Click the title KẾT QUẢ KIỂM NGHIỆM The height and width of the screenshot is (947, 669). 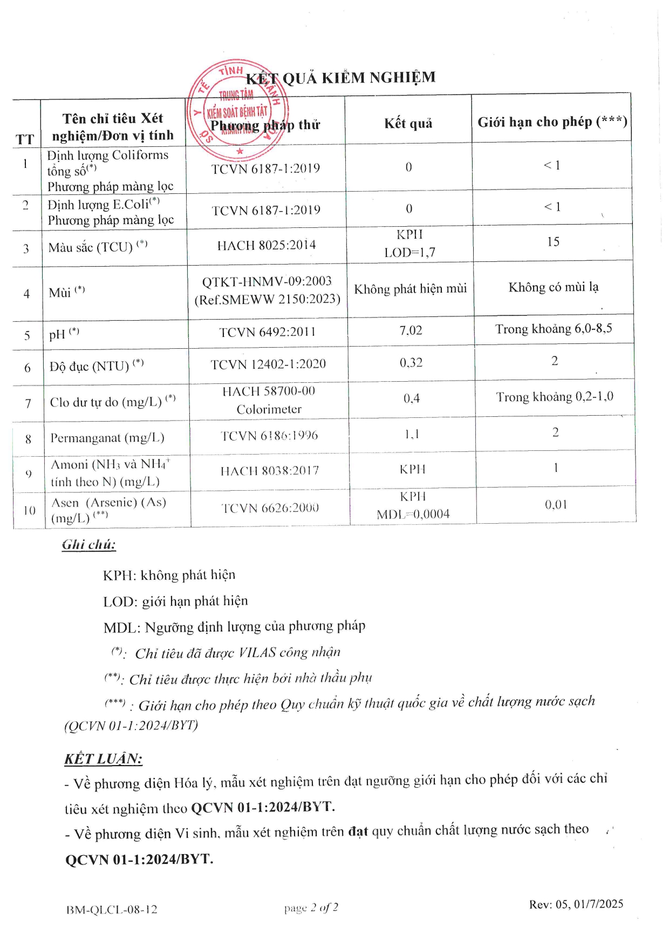pyautogui.click(x=341, y=78)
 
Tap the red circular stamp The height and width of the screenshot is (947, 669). pyautogui.click(x=237, y=110)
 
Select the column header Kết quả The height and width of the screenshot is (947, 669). pyautogui.click(x=408, y=124)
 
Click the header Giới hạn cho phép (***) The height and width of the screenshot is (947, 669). pyautogui.click(x=552, y=122)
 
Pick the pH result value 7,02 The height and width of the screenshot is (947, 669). pyautogui.click(x=411, y=330)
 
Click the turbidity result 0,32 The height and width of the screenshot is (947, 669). pyautogui.click(x=411, y=363)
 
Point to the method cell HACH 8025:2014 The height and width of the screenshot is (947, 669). pyautogui.click(x=267, y=246)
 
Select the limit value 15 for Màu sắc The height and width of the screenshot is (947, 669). pyautogui.click(x=553, y=242)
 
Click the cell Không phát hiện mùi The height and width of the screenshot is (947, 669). pyautogui.click(x=410, y=289)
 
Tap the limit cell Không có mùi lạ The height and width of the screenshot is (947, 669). pyautogui.click(x=554, y=287)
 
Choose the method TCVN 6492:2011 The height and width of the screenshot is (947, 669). pyautogui.click(x=267, y=333)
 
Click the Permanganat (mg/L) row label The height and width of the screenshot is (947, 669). pyautogui.click(x=107, y=438)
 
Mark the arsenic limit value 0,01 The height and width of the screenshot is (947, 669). pyautogui.click(x=556, y=505)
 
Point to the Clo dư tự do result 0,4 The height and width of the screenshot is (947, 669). pyautogui.click(x=411, y=399)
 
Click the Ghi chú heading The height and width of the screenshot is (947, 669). pyautogui.click(x=88, y=544)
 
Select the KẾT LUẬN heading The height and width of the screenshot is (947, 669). pyautogui.click(x=103, y=759)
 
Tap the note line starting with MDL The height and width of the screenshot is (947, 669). pyautogui.click(x=234, y=627)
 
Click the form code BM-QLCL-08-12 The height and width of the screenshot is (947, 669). pyautogui.click(x=112, y=910)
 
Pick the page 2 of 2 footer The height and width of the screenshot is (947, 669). pyautogui.click(x=311, y=908)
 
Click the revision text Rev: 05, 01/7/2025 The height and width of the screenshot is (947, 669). pyautogui.click(x=576, y=904)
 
